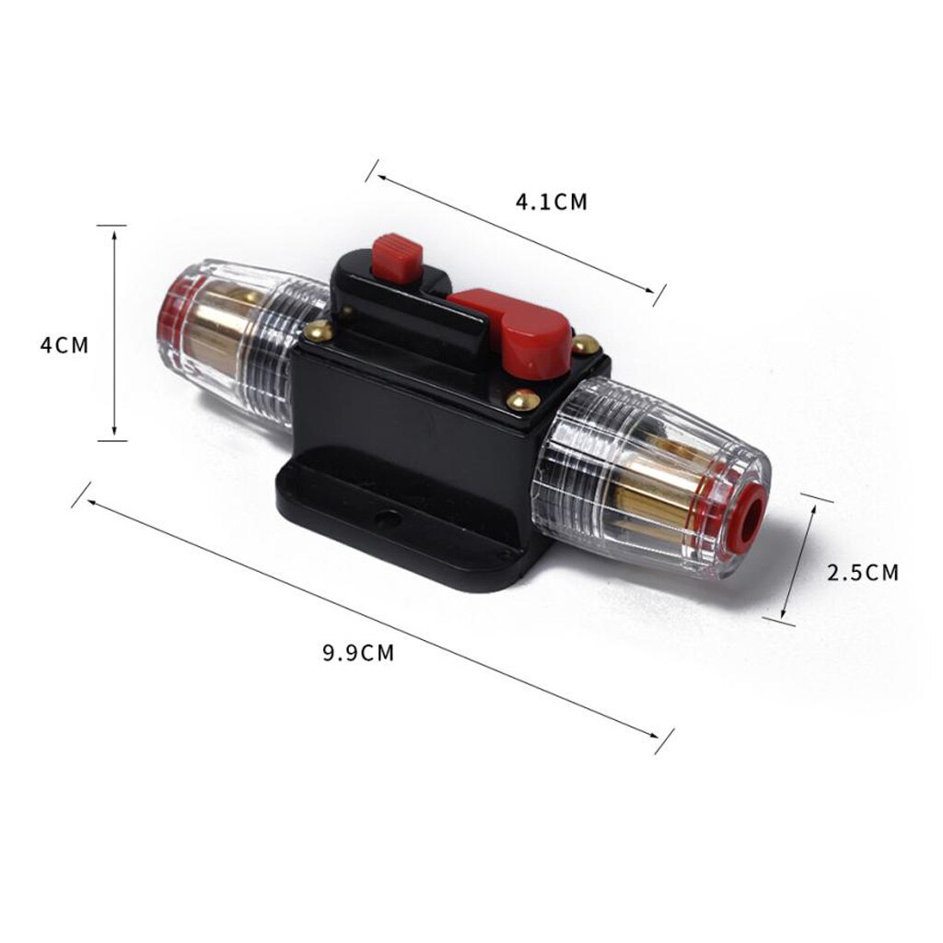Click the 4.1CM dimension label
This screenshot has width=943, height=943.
[551, 202]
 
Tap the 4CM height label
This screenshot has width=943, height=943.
[64, 346]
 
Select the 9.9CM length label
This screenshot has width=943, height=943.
[357, 653]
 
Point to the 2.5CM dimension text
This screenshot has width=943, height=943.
[863, 572]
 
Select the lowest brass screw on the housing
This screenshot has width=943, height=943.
[522, 401]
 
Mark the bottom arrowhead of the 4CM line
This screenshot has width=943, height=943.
[113, 435]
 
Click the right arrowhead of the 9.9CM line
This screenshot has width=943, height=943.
[659, 736]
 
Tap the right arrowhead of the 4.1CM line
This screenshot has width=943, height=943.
[651, 292]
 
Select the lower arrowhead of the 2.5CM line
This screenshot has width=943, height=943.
[785, 615]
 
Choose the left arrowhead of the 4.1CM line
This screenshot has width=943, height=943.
[378, 175]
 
